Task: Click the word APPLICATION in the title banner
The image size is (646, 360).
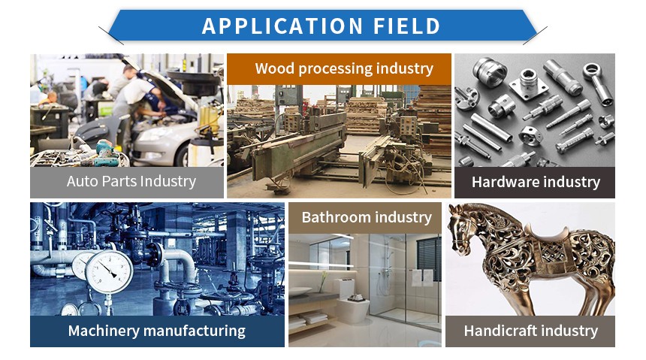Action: tap(282, 26)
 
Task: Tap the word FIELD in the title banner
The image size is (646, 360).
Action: tap(407, 26)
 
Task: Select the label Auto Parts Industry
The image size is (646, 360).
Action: tap(131, 181)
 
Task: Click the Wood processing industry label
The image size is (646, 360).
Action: tap(344, 68)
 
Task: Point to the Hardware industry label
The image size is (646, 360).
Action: tap(536, 182)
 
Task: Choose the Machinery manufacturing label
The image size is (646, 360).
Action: tap(156, 331)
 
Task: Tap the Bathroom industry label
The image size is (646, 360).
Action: tap(367, 217)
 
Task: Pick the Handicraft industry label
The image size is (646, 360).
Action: tap(530, 331)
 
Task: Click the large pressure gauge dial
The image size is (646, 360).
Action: tap(109, 272)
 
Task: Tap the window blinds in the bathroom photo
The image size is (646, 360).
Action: tap(428, 258)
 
